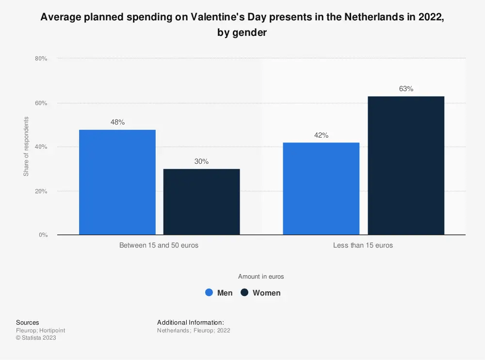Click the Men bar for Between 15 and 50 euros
(x=117, y=182)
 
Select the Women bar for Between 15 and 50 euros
(x=201, y=202)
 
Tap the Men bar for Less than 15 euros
(x=321, y=188)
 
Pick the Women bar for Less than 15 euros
(x=406, y=165)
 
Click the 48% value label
(x=117, y=123)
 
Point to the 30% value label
(x=201, y=161)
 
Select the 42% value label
(x=321, y=135)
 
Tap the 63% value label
(x=406, y=89)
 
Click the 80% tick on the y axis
(x=41, y=59)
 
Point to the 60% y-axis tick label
(x=41, y=103)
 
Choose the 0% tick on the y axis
(x=43, y=235)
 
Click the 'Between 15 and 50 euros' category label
(x=159, y=245)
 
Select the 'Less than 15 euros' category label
(x=363, y=245)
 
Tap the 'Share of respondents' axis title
(x=26, y=146)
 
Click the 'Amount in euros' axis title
(x=261, y=277)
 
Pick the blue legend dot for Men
(x=209, y=293)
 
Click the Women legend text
(x=266, y=293)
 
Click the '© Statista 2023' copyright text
(x=36, y=338)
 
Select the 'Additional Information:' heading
(x=190, y=322)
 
